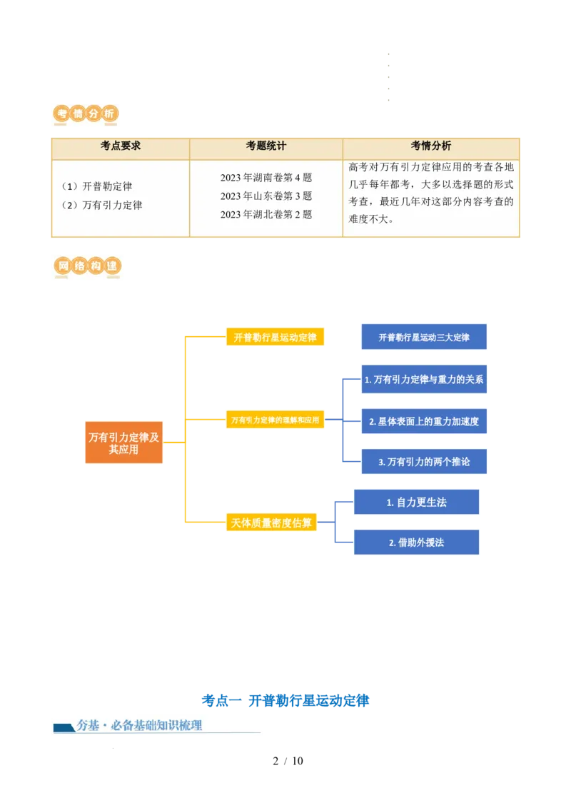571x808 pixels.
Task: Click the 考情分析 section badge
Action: [86, 114]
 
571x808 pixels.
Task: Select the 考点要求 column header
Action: [121, 146]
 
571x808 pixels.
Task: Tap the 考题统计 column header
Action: [266, 146]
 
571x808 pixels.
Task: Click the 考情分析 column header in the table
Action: [431, 146]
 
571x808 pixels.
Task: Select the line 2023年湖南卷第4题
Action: [266, 178]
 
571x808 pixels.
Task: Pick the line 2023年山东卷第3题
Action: [266, 196]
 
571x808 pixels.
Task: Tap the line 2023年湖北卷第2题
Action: [266, 214]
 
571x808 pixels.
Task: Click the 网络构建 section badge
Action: [87, 267]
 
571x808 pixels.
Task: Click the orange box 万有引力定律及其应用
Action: [124, 443]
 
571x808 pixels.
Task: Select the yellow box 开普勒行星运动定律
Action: [275, 338]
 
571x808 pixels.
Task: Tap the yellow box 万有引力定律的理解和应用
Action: [275, 420]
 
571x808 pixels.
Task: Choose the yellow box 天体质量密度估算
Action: [272, 523]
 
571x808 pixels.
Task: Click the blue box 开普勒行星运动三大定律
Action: [424, 338]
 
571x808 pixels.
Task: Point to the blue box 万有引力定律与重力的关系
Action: [424, 380]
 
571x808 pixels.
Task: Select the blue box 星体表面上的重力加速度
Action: [424, 421]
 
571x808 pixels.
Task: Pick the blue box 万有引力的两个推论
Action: [424, 462]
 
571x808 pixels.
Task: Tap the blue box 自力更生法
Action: [417, 503]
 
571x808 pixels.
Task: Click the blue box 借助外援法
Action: [417, 542]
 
